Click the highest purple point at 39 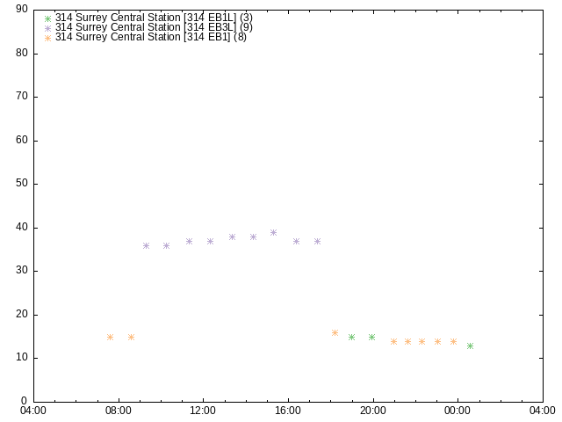click(273, 232)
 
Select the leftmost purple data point click(147, 246)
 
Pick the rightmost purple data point click(317, 242)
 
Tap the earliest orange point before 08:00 click(111, 337)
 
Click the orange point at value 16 click(335, 332)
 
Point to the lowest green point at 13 click(471, 346)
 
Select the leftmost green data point click(351, 337)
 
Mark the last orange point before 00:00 click(453, 342)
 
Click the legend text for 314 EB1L click(154, 18)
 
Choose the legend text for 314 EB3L click(154, 27)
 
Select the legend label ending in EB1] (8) click(151, 37)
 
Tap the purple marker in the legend click(47, 28)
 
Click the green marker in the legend click(47, 18)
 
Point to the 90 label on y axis click(22, 9)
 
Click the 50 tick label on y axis click(22, 184)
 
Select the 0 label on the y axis click(25, 401)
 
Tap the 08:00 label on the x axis click(119, 411)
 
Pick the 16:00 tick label click(288, 411)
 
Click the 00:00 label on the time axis click(458, 411)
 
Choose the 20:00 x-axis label click(373, 411)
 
